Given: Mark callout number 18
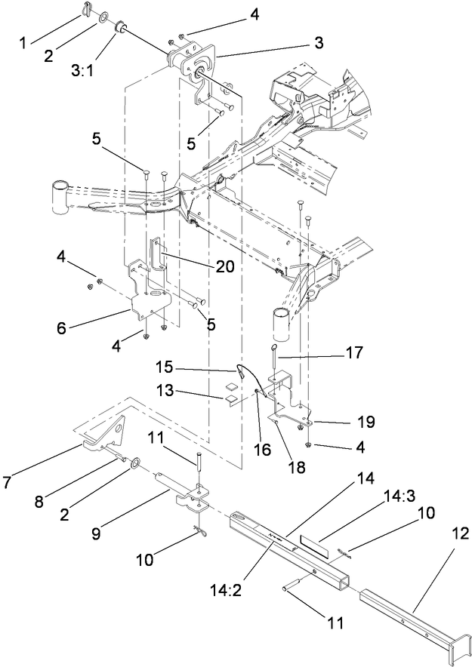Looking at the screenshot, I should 295,467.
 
